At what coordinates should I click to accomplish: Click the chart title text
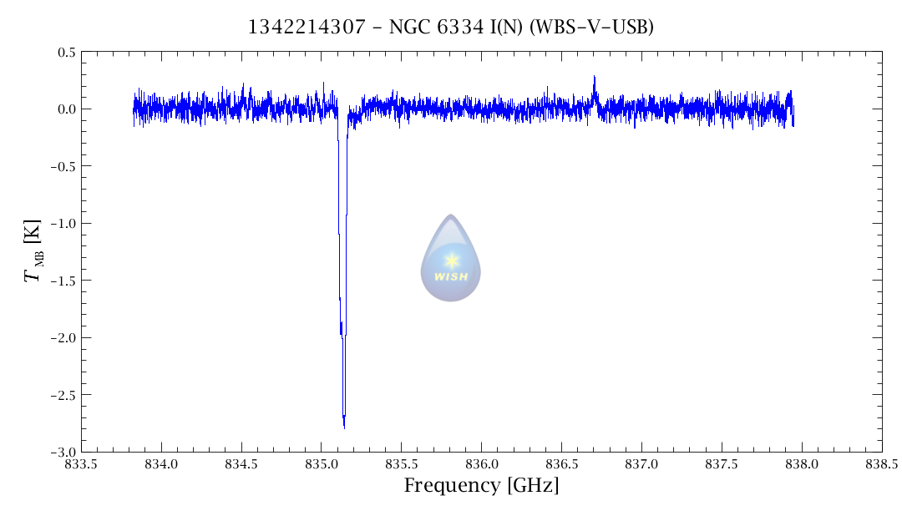(x=450, y=28)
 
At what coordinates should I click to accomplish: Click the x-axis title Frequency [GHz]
(x=481, y=486)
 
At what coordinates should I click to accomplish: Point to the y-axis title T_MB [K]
(x=33, y=250)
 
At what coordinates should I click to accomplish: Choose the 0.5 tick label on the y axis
(x=66, y=53)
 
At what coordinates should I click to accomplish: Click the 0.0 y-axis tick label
(x=66, y=109)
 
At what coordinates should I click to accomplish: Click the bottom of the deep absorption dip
(x=344, y=426)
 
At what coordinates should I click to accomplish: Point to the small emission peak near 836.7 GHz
(x=594, y=78)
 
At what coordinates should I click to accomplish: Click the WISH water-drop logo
(x=451, y=259)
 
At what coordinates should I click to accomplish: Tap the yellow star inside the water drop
(x=452, y=261)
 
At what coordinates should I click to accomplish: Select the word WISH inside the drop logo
(x=452, y=277)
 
